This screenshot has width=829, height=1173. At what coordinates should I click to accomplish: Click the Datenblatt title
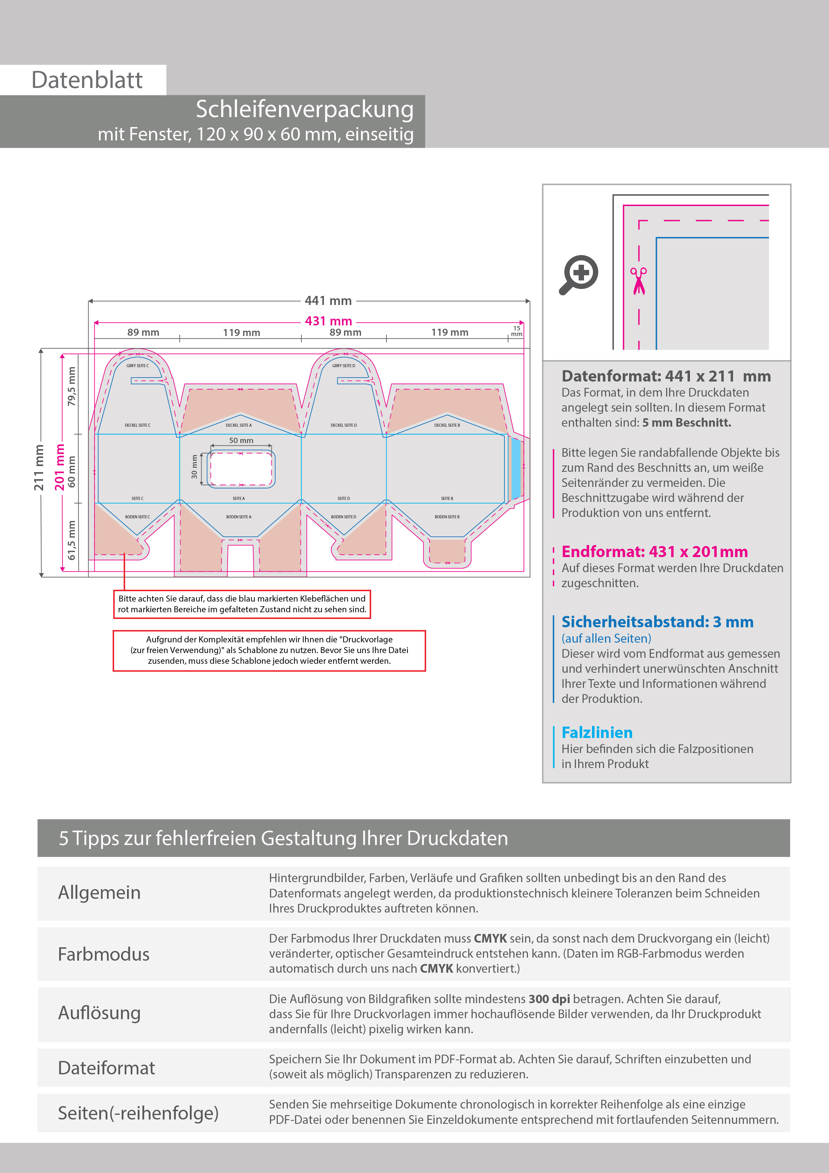point(87,80)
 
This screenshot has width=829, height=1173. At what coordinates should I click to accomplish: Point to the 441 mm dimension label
point(328,301)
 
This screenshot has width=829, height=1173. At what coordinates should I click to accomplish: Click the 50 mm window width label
point(241,440)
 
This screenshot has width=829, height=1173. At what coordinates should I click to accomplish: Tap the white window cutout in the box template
point(241,468)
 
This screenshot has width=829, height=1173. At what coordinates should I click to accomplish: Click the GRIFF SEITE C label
point(137,366)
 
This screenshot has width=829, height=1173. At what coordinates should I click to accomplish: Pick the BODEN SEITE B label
point(447,517)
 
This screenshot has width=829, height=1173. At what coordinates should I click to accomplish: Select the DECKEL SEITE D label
point(343,425)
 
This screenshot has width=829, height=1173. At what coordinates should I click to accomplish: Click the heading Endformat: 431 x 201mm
point(654,552)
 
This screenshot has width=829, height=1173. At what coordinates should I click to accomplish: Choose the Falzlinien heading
point(597,733)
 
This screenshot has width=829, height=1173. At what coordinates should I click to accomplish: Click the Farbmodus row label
point(104,954)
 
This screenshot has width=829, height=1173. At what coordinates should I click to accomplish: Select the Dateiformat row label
point(106,1068)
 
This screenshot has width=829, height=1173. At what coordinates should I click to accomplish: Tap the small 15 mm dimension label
point(516,331)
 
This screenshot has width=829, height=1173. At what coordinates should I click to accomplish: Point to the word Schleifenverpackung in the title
point(305,109)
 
